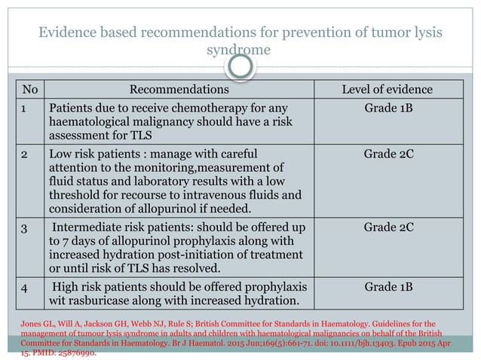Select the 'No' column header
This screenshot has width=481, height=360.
tap(29, 90)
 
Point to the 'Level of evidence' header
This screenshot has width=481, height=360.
tap(387, 90)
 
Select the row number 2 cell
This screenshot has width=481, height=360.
tap(24, 153)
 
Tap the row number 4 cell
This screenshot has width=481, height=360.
tap(24, 286)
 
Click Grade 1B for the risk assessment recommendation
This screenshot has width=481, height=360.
tap(387, 108)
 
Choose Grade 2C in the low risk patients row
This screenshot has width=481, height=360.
tap(387, 153)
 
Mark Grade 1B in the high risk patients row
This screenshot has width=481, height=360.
tap(387, 286)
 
